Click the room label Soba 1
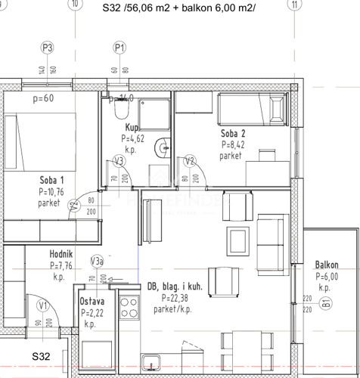coord(52,180)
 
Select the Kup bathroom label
coord(133,129)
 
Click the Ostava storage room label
coord(92,302)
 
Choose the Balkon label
coord(326,265)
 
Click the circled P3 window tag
coord(48,48)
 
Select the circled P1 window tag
coord(119,48)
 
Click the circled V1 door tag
coord(43,305)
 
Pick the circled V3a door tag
coord(97,262)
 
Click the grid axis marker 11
coord(293,5)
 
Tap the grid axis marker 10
coord(73,5)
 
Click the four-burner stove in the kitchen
coord(129,308)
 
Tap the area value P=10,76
coord(52,192)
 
